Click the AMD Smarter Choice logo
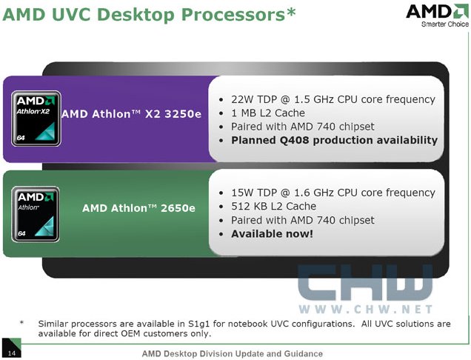click(x=438, y=16)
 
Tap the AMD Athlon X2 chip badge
click(x=36, y=119)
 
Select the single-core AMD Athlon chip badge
click(x=36, y=214)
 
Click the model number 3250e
click(x=183, y=114)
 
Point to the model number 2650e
click(x=178, y=208)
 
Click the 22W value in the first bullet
click(x=243, y=99)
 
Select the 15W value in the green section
click(x=243, y=193)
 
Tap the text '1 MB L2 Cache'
click(x=268, y=113)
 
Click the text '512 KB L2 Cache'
click(x=274, y=206)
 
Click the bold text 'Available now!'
click(x=272, y=234)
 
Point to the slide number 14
click(x=11, y=353)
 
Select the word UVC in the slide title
click(x=71, y=14)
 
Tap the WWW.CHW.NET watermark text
click(x=366, y=309)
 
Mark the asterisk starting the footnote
click(x=21, y=323)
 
